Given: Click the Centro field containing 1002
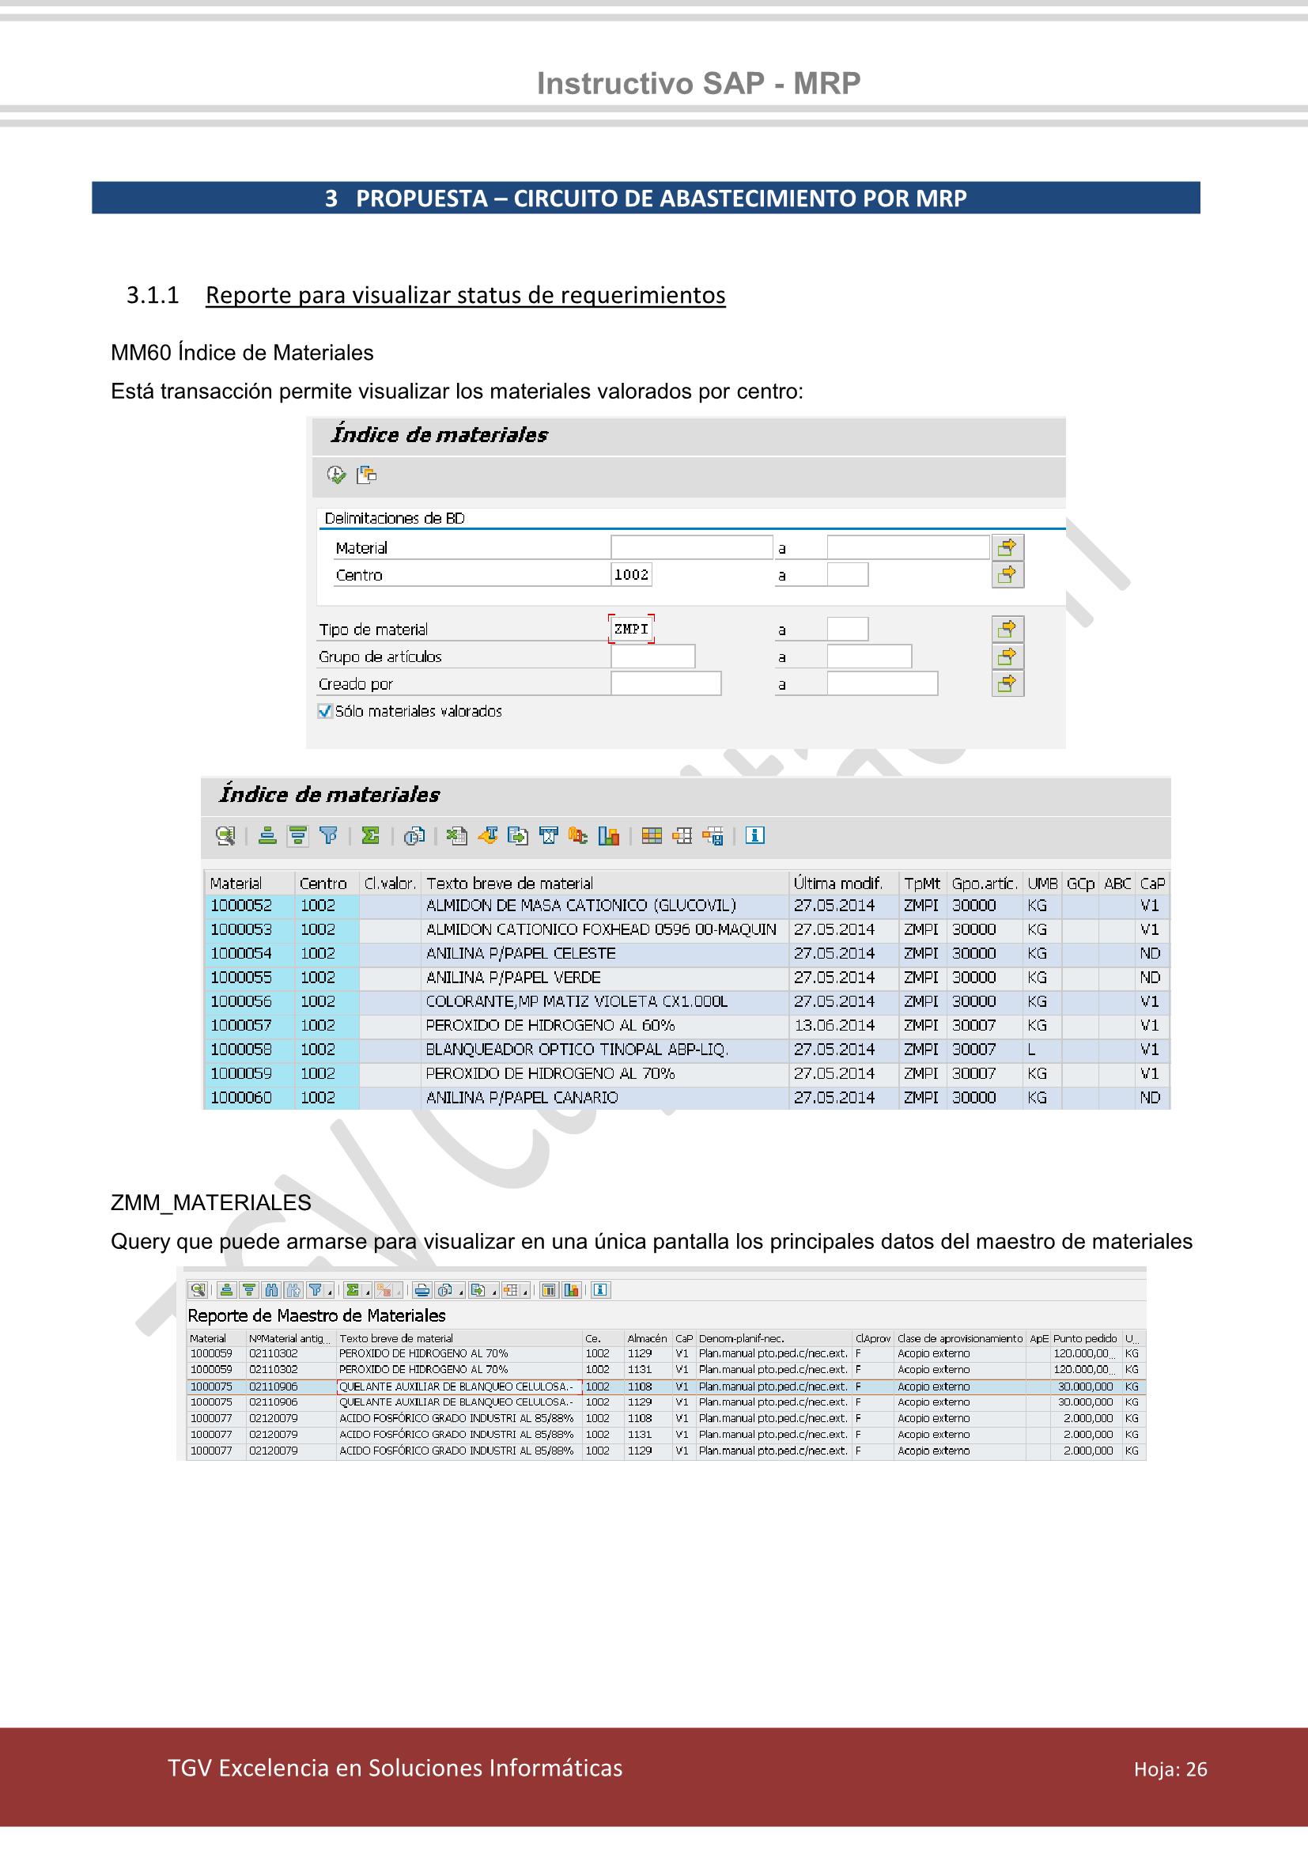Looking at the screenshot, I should (x=630, y=574).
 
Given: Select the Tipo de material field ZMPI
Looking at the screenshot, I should (x=630, y=629).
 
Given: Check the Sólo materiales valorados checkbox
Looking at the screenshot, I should (x=325, y=711).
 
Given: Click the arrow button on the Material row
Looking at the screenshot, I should (x=1007, y=548).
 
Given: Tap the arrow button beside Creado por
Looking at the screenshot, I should (x=1007, y=683).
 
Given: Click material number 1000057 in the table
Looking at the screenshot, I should (x=241, y=1025).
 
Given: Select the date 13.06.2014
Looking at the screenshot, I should (x=834, y=1025).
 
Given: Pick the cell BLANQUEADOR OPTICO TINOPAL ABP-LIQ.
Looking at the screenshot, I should (x=577, y=1049).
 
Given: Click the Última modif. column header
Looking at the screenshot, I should (x=837, y=883).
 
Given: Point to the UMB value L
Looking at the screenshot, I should (x=1032, y=1049).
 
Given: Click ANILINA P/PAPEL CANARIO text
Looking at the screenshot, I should (x=522, y=1098).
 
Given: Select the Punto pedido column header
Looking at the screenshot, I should (x=1084, y=1338).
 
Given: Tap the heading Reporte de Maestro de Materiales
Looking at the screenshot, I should (x=316, y=1316).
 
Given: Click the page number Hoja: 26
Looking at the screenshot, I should (x=1170, y=1769).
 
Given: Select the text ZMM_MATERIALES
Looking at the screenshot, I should (x=210, y=1203).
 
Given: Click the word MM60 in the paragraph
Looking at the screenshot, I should (x=140, y=353).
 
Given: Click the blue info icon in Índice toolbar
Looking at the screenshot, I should (x=754, y=835).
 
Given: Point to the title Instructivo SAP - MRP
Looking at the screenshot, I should (x=698, y=83).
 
